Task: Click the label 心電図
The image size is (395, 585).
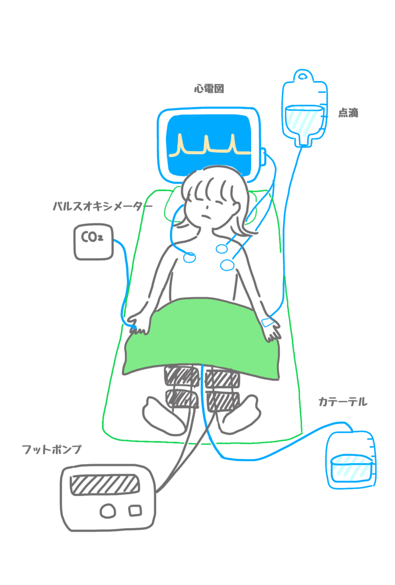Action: pyautogui.click(x=208, y=89)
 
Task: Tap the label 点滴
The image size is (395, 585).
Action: pyautogui.click(x=348, y=113)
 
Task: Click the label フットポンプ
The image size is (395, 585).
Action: pyautogui.click(x=51, y=449)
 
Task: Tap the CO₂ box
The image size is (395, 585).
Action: pyautogui.click(x=93, y=242)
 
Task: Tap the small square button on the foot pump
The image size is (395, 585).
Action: pyautogui.click(x=135, y=510)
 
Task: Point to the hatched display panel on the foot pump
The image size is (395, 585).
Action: pyautogui.click(x=105, y=485)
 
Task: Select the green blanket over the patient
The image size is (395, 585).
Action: pyautogui.click(x=202, y=341)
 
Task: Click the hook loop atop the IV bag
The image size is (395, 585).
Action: pyautogui.click(x=303, y=76)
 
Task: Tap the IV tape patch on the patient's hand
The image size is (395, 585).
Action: pyautogui.click(x=267, y=323)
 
